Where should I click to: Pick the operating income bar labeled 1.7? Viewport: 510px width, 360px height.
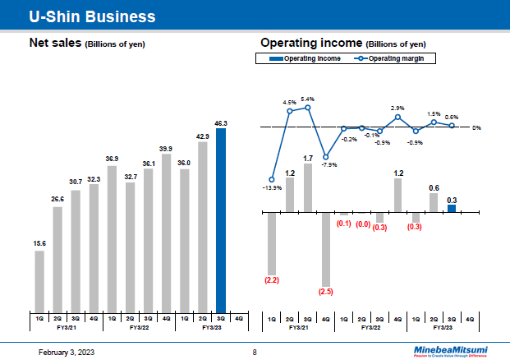pyautogui.click(x=308, y=187)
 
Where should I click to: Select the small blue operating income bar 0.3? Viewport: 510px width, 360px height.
pyautogui.click(x=452, y=208)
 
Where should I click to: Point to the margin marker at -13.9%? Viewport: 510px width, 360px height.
pyautogui.click(x=272, y=180)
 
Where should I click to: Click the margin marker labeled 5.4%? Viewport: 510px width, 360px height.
pyautogui.click(x=308, y=107)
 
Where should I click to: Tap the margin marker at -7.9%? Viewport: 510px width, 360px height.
pyautogui.click(x=326, y=157)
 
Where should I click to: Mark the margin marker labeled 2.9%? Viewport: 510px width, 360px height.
pyautogui.click(x=397, y=117)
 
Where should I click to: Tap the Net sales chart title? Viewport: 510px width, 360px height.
pyautogui.click(x=86, y=43)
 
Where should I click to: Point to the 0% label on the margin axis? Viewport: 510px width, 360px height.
pyautogui.click(x=476, y=128)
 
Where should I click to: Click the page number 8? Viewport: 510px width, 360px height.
pyautogui.click(x=255, y=352)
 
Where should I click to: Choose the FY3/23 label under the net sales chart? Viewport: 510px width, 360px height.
pyautogui.click(x=212, y=326)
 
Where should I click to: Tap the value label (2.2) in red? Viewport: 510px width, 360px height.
pyautogui.click(x=272, y=280)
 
